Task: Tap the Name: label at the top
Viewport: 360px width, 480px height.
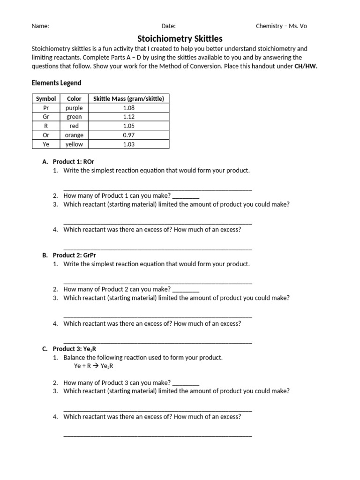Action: tap(40, 26)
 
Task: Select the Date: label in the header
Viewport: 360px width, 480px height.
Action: tap(168, 26)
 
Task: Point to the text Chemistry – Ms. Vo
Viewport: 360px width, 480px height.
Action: tap(281, 26)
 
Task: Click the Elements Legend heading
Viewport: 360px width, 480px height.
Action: tap(56, 83)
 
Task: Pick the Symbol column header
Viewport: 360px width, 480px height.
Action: tap(46, 98)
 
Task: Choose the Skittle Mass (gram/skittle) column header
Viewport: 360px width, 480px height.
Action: tap(128, 98)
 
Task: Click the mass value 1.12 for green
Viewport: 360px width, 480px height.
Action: tap(128, 117)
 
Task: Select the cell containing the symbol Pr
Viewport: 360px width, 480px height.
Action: tap(46, 108)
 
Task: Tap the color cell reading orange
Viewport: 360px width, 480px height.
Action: tap(74, 135)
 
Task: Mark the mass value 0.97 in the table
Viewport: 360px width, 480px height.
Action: tap(128, 135)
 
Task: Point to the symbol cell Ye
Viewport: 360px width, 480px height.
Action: tap(46, 144)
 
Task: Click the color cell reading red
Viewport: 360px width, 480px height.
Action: tap(74, 126)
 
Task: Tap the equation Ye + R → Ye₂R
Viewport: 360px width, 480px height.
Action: tap(94, 366)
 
